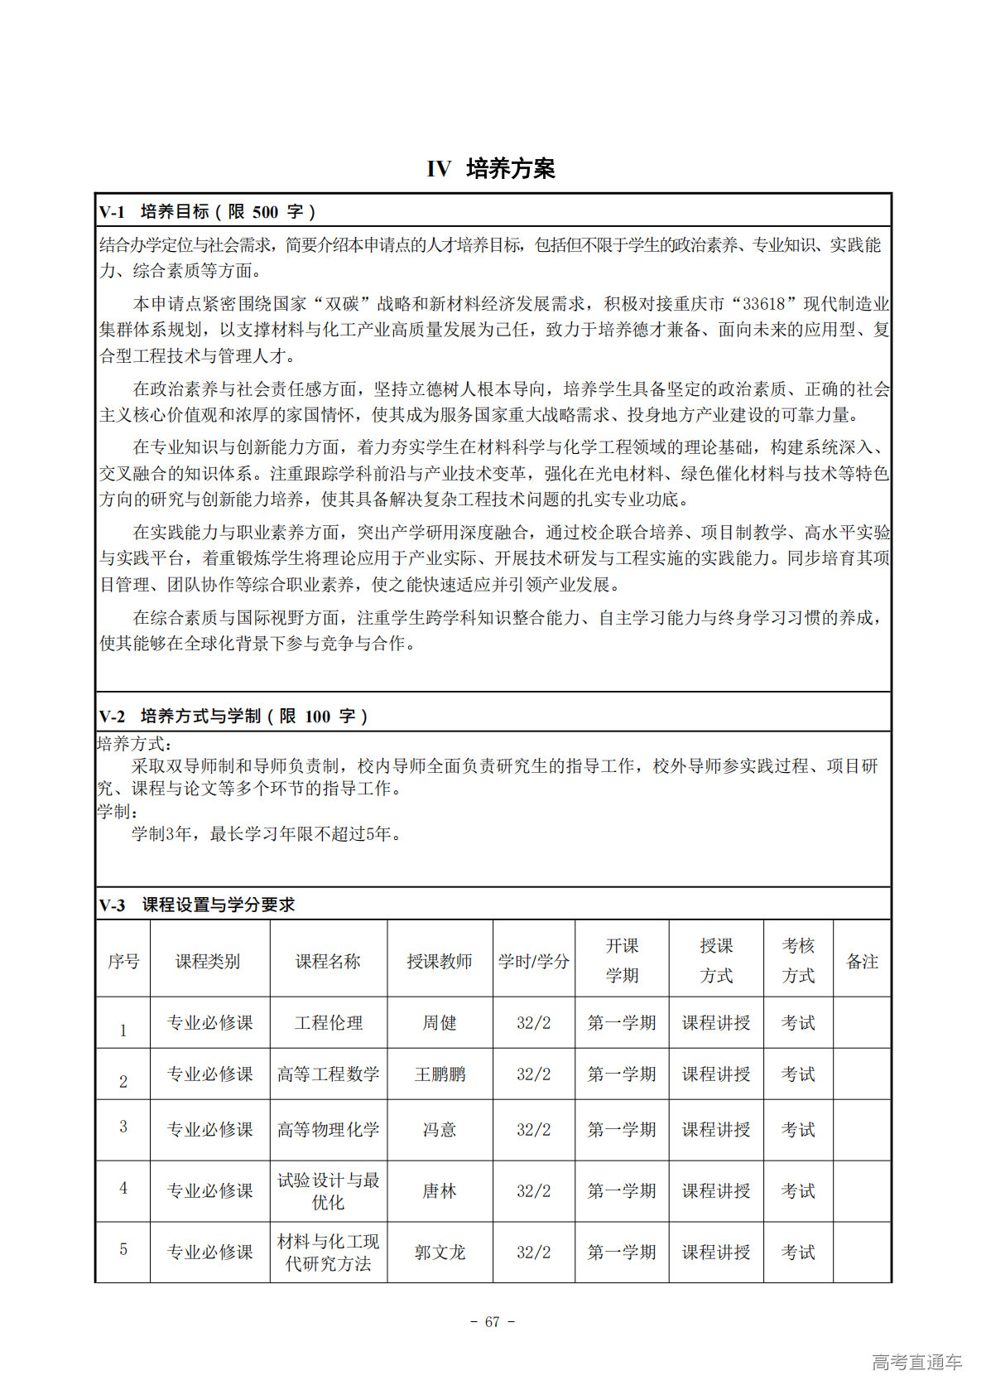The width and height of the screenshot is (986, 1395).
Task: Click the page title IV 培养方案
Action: click(x=491, y=169)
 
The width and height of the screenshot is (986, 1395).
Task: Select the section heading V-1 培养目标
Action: click(x=207, y=212)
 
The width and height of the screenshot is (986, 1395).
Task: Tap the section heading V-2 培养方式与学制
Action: click(x=233, y=716)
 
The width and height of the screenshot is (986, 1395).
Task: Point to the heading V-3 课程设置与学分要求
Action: click(x=197, y=905)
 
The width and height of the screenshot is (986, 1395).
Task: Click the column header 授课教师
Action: click(x=439, y=961)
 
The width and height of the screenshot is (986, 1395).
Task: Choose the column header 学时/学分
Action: click(x=533, y=961)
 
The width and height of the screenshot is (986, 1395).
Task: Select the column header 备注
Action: click(x=862, y=961)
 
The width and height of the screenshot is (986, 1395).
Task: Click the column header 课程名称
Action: click(x=328, y=961)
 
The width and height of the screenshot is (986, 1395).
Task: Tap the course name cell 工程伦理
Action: click(x=328, y=1023)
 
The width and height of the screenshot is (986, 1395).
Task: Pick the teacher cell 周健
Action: click(x=439, y=1023)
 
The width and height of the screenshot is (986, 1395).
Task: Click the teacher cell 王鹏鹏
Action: click(x=439, y=1074)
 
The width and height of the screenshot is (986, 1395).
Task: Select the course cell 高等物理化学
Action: click(x=328, y=1129)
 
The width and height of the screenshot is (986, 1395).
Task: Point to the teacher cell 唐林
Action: click(x=439, y=1190)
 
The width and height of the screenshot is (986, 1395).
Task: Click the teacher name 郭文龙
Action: click(x=439, y=1252)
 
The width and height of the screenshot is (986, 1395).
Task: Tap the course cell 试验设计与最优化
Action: click(x=328, y=1190)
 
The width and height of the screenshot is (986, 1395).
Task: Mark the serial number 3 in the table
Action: click(x=123, y=1127)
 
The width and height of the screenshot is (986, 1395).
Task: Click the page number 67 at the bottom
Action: click(x=493, y=1322)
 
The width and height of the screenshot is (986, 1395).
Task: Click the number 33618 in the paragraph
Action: click(x=764, y=304)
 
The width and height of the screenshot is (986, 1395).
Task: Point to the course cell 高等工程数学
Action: click(x=328, y=1074)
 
